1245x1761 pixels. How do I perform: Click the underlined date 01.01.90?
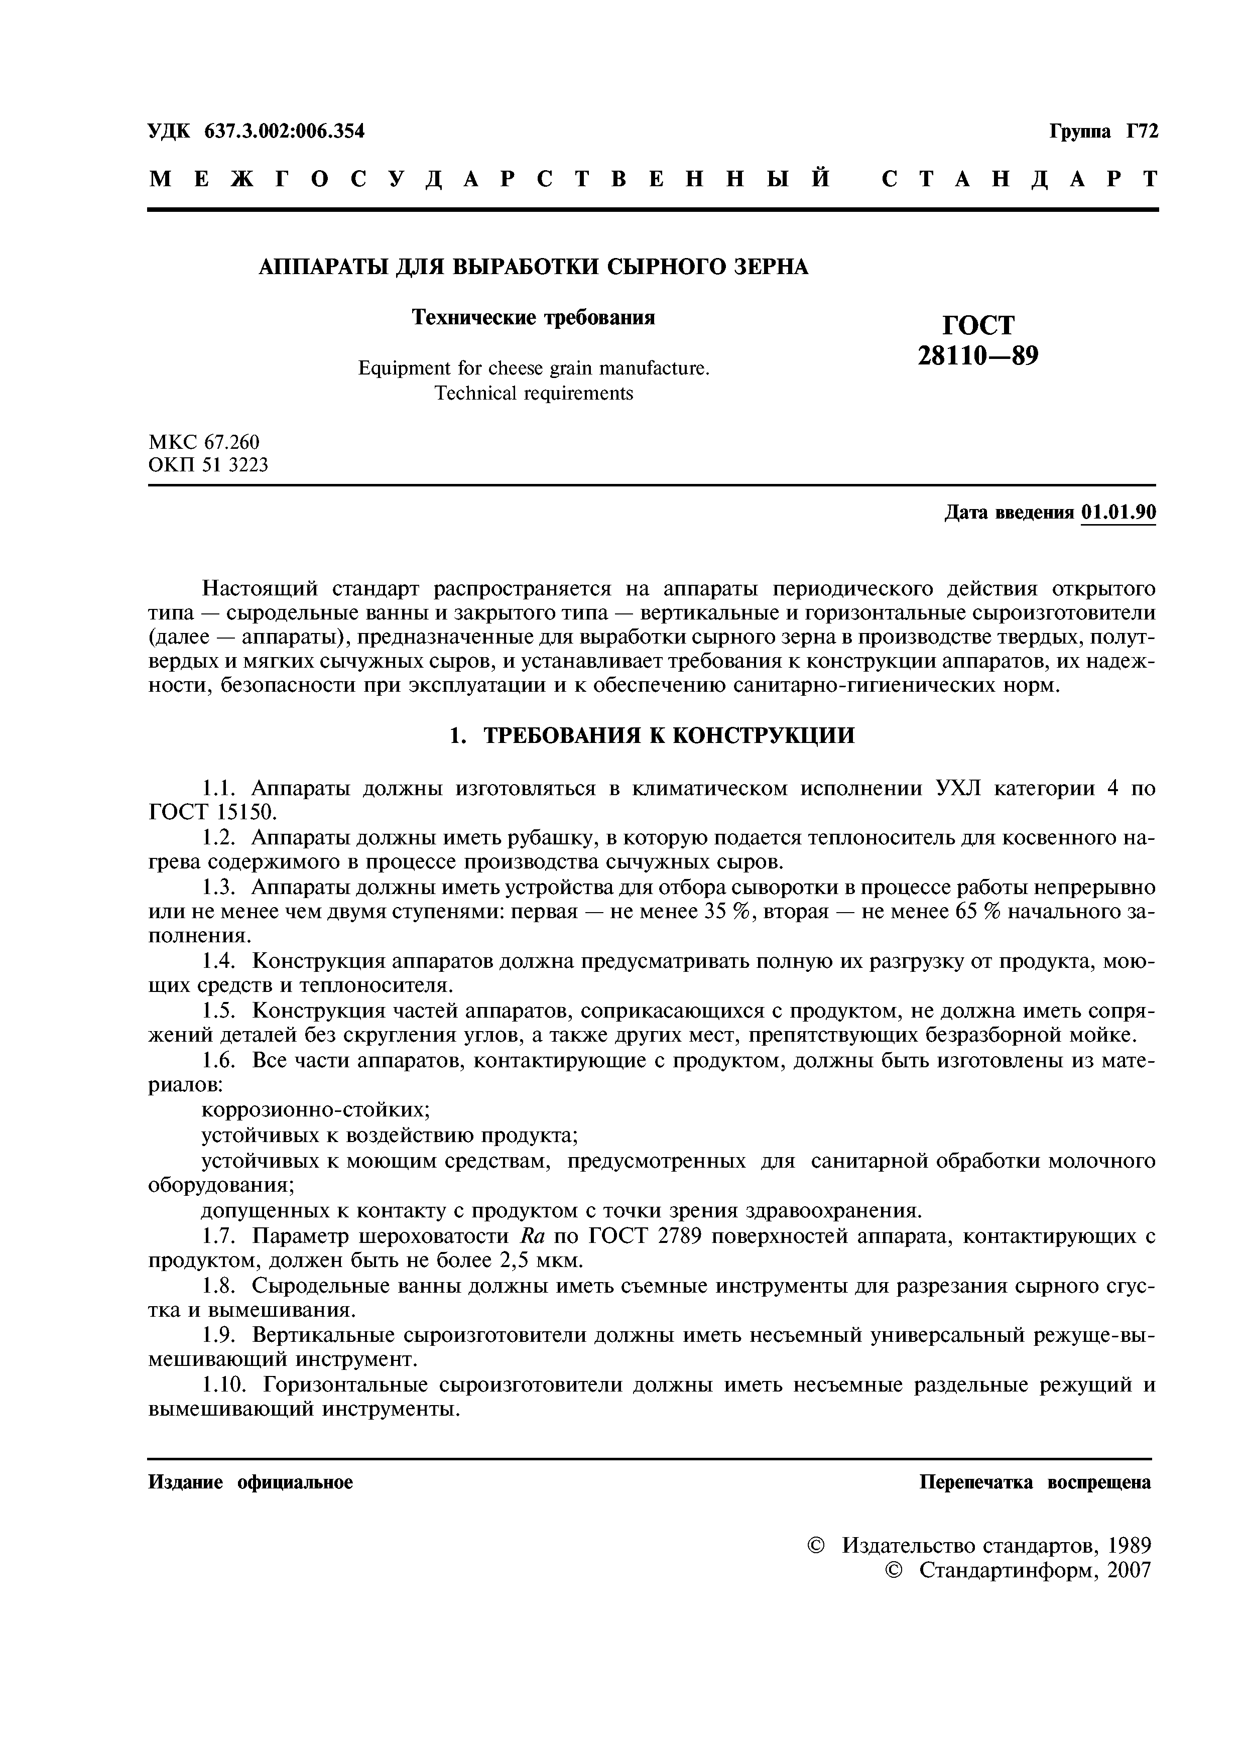click(x=1117, y=513)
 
